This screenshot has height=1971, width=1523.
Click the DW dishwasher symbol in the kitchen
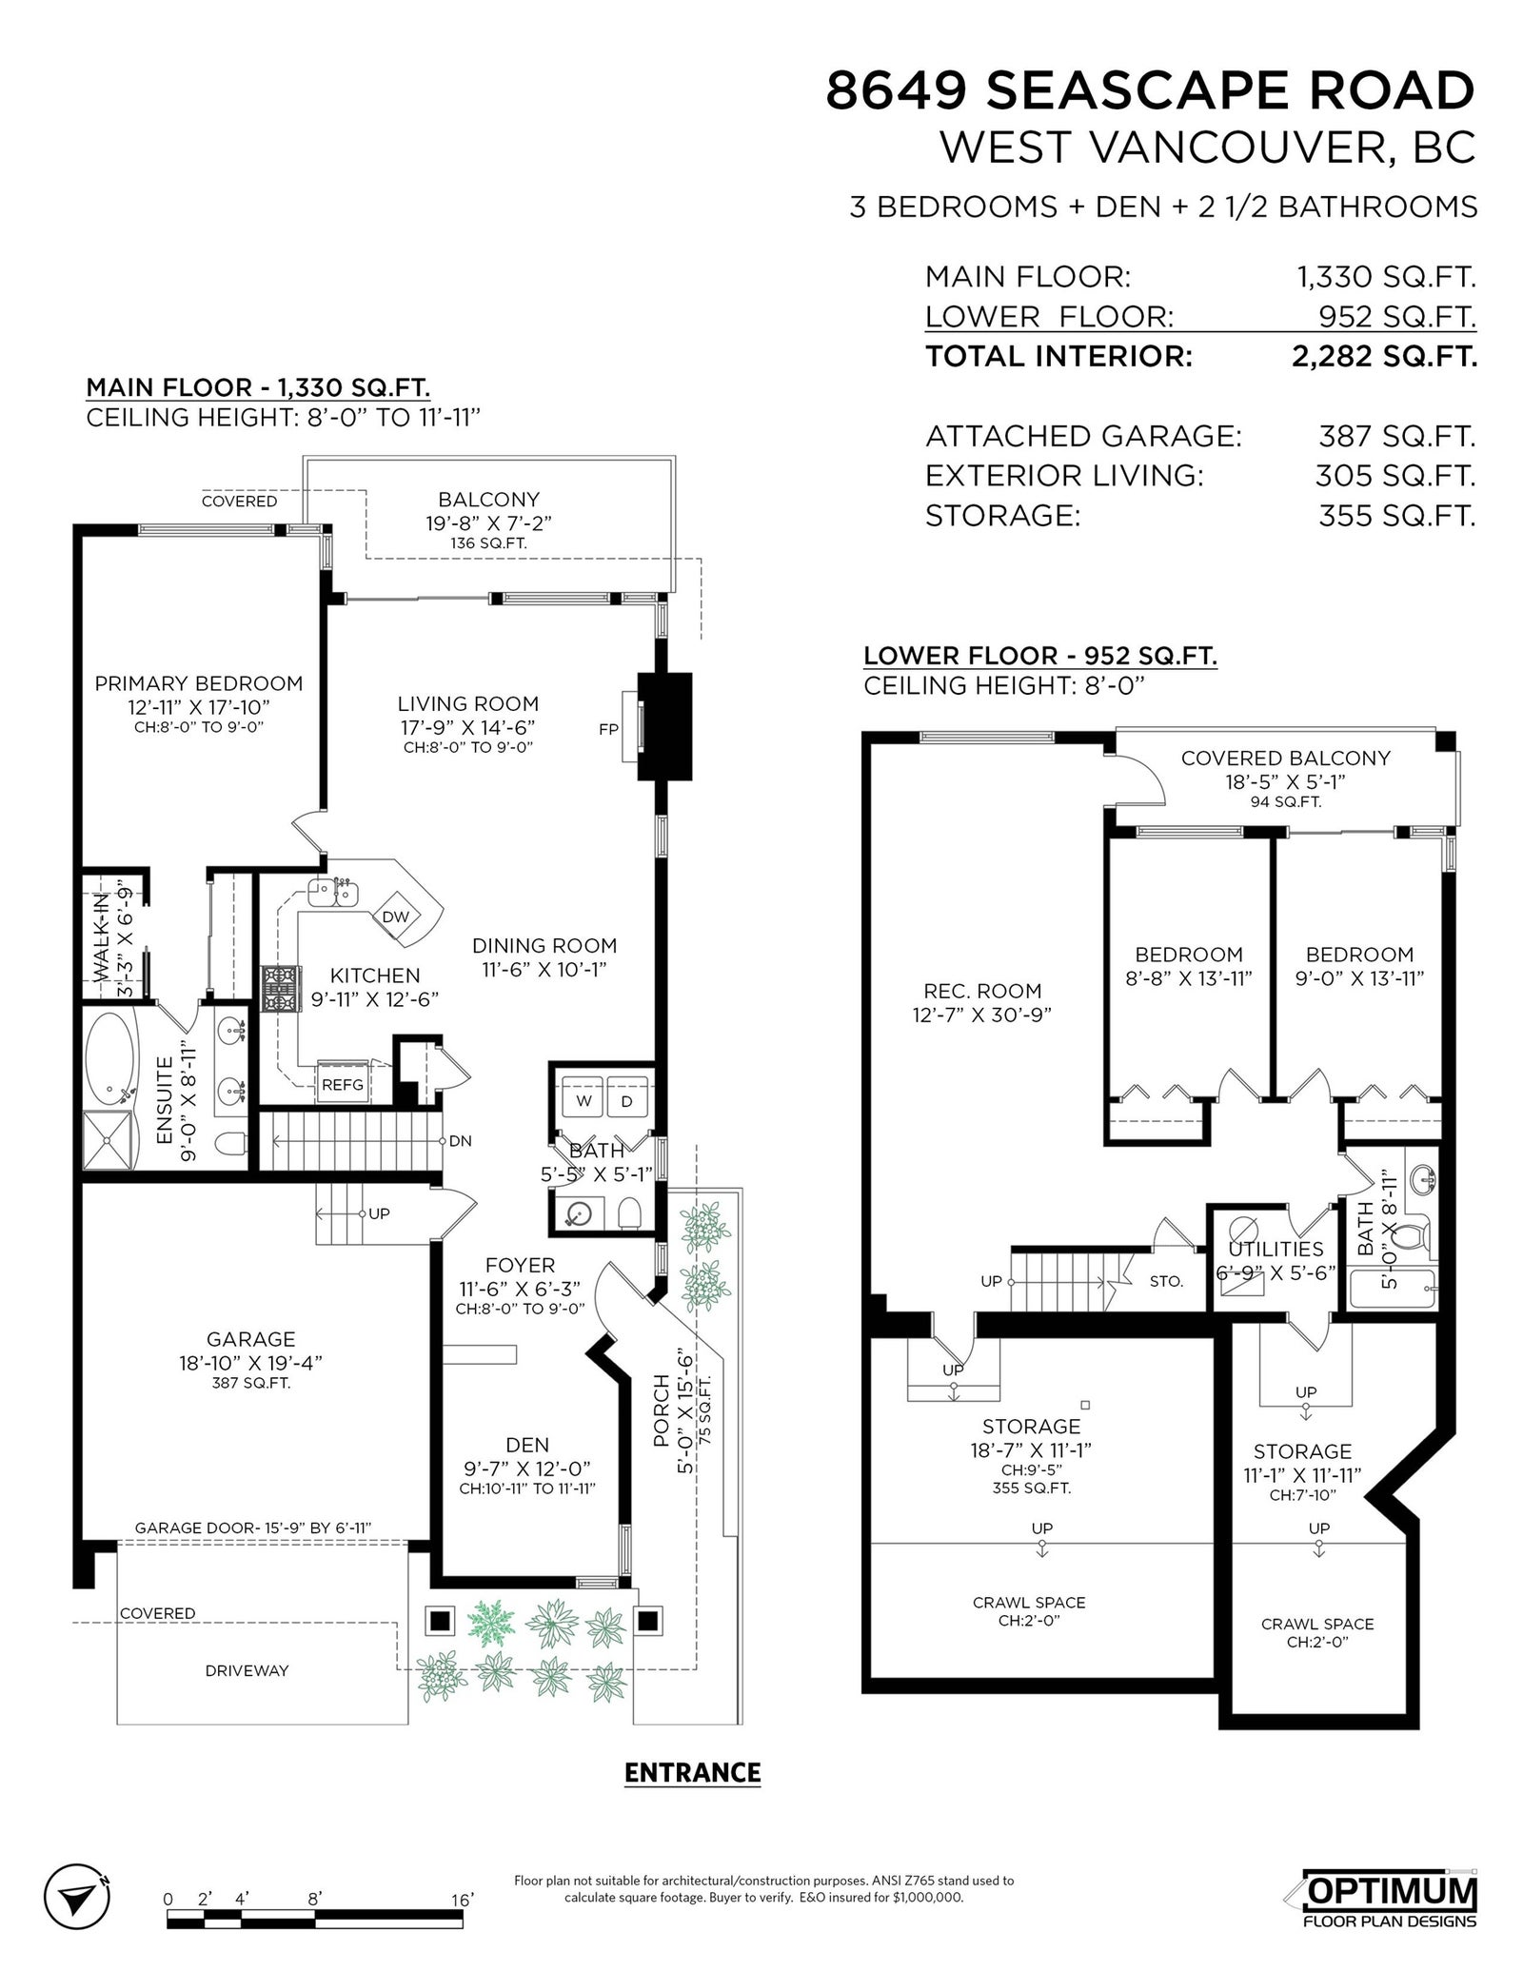pyautogui.click(x=395, y=917)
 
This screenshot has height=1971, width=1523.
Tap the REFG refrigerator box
pyautogui.click(x=342, y=1084)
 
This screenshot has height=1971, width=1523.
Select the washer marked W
pyautogui.click(x=583, y=1100)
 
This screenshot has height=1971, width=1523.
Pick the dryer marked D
pyautogui.click(x=626, y=1100)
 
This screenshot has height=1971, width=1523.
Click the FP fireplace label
pyautogui.click(x=608, y=730)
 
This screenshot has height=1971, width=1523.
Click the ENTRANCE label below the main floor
pyautogui.click(x=692, y=1772)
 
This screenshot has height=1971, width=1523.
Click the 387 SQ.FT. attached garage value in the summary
pyautogui.click(x=1396, y=436)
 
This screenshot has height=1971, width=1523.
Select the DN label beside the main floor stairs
pyautogui.click(x=460, y=1141)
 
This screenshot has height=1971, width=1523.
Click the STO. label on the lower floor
pyautogui.click(x=1166, y=1281)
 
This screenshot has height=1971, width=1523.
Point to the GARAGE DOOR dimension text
pyautogui.click(x=252, y=1528)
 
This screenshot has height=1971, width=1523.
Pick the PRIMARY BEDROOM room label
pyautogui.click(x=199, y=683)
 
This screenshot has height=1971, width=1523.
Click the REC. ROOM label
pyautogui.click(x=982, y=991)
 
